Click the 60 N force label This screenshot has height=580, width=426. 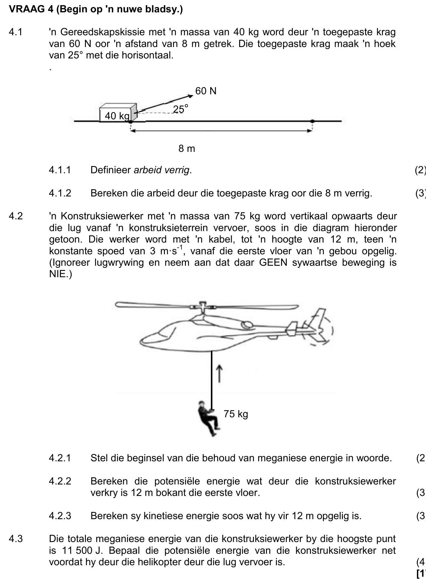coord(206,91)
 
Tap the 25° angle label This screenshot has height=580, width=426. coord(181,109)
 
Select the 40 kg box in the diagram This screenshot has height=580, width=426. coord(118,113)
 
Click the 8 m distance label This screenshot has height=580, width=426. coord(187,149)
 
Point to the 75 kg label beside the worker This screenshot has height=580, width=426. coord(236,414)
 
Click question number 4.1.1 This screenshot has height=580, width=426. coord(60,170)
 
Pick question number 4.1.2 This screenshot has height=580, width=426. coord(60,193)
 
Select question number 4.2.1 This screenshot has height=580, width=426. coord(60,458)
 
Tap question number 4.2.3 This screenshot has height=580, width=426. coord(60,516)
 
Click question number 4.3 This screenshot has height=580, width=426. coord(16,539)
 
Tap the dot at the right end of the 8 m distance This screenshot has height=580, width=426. coord(312,121)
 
